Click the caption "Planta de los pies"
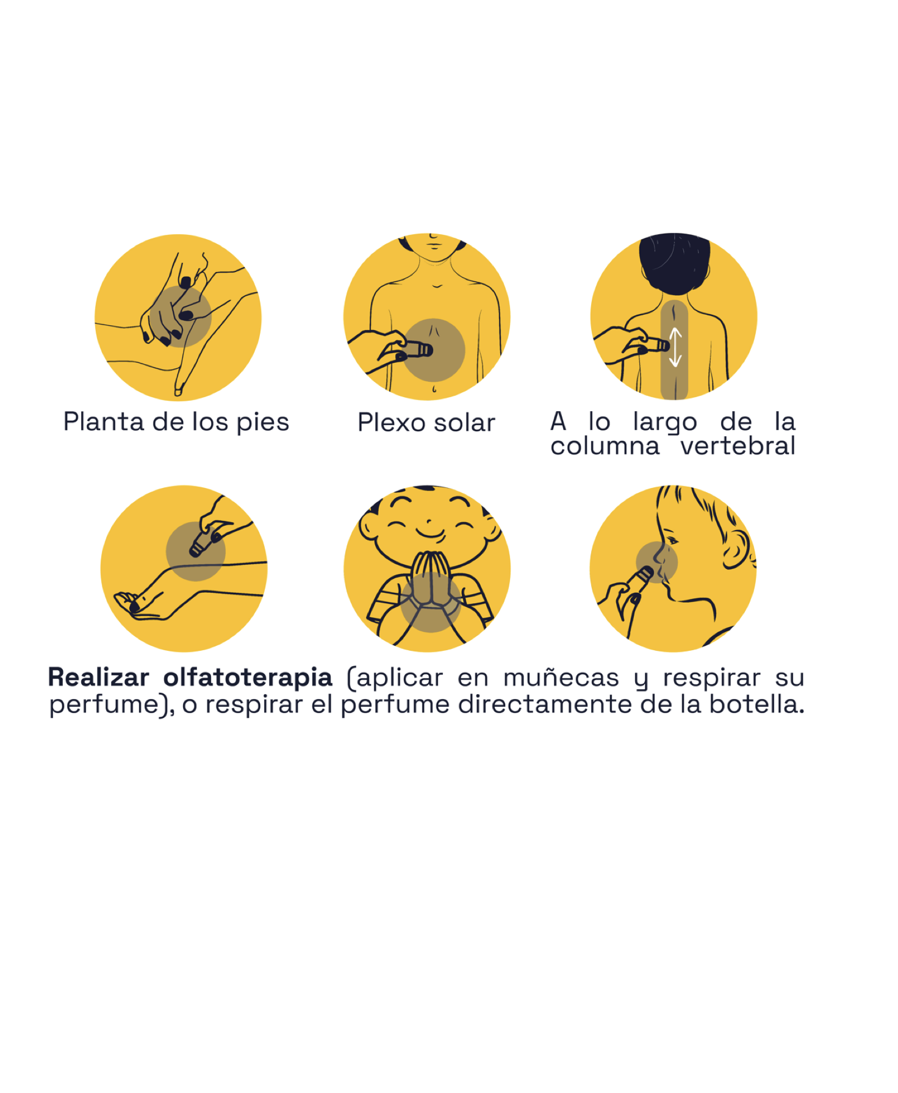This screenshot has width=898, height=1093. (x=176, y=422)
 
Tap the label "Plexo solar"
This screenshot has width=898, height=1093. (x=426, y=423)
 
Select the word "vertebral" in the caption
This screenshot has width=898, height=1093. (x=738, y=446)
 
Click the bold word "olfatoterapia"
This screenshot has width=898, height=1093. (x=248, y=677)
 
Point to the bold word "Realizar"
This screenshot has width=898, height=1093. (x=99, y=677)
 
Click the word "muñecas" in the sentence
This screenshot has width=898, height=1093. (x=561, y=678)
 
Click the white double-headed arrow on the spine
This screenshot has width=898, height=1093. (x=675, y=347)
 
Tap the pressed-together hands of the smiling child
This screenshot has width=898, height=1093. (x=430, y=579)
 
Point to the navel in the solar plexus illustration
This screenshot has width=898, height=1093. (x=433, y=389)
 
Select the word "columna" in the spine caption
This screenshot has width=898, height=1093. (x=605, y=446)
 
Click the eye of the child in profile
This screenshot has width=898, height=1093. (x=671, y=540)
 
